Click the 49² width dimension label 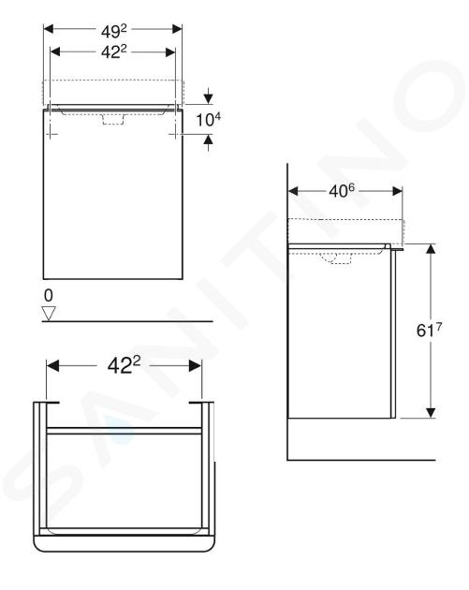114,31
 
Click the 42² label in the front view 114,52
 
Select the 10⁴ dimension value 209,120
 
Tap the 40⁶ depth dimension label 342,191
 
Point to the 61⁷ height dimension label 429,330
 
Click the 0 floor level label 49,296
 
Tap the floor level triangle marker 49,313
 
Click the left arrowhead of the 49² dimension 50,29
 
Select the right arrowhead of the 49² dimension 177,29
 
